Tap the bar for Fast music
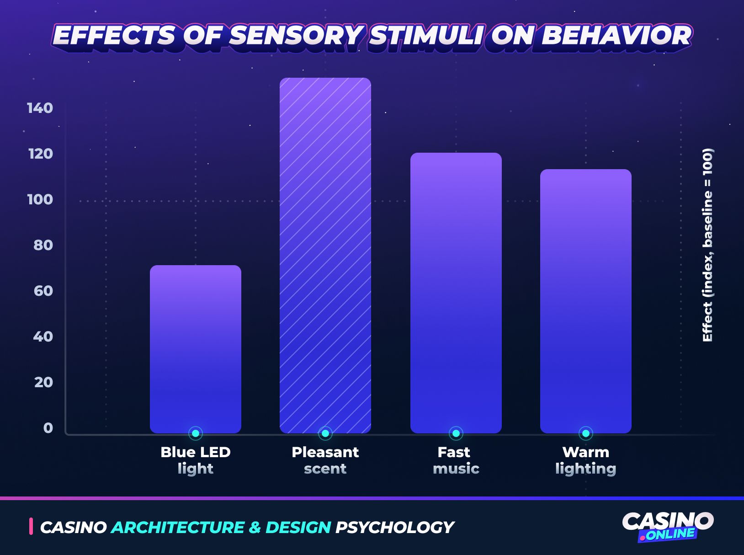click(456, 293)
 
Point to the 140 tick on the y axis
click(40, 108)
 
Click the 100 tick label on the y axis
click(40, 199)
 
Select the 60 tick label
click(43, 291)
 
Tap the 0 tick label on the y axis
click(48, 428)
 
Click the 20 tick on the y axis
click(43, 382)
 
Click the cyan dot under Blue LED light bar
click(196, 433)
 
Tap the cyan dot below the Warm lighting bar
click(585, 433)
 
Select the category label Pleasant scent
click(325, 460)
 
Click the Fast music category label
click(456, 460)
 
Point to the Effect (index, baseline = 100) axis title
click(707, 245)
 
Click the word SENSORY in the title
click(296, 36)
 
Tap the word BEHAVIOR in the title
click(616, 36)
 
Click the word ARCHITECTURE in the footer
click(178, 528)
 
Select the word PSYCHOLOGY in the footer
click(394, 528)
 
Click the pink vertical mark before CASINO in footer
click(31, 526)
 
